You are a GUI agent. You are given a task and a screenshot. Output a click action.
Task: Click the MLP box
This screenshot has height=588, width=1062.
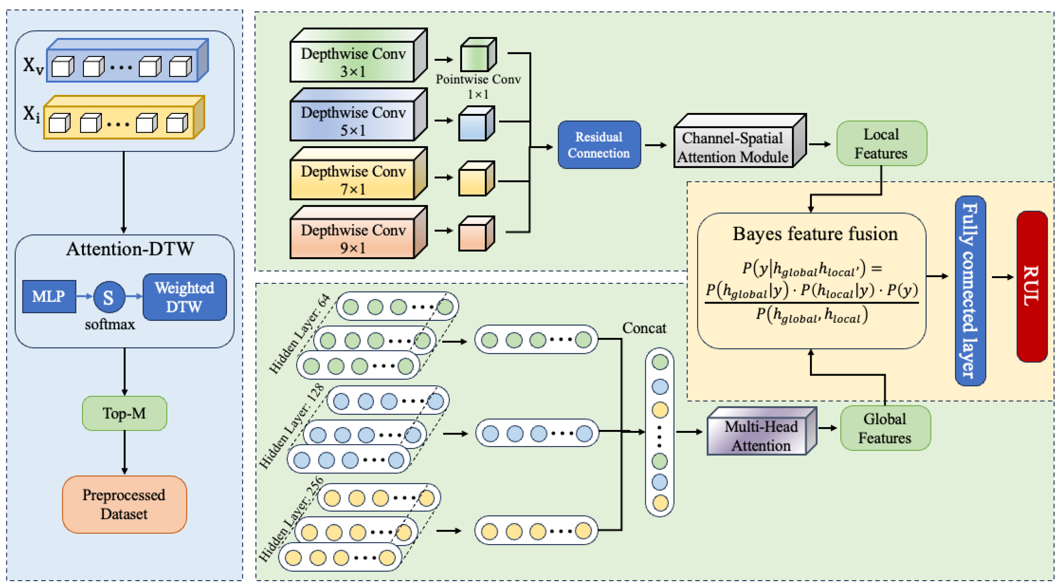point(49,296)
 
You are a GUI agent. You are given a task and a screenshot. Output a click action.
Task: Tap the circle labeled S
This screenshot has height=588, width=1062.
point(109,297)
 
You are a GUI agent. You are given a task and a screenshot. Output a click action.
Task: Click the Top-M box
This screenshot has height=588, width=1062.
point(124,413)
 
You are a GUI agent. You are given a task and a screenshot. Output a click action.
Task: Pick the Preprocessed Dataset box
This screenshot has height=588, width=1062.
point(124,504)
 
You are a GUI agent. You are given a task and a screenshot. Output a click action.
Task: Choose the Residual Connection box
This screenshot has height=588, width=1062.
point(599,145)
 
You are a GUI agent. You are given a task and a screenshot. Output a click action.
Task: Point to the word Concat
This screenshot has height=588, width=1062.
point(644,328)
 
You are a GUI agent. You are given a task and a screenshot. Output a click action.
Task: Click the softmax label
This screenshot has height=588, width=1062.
point(110,324)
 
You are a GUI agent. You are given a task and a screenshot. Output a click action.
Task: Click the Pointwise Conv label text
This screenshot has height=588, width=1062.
point(478,79)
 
